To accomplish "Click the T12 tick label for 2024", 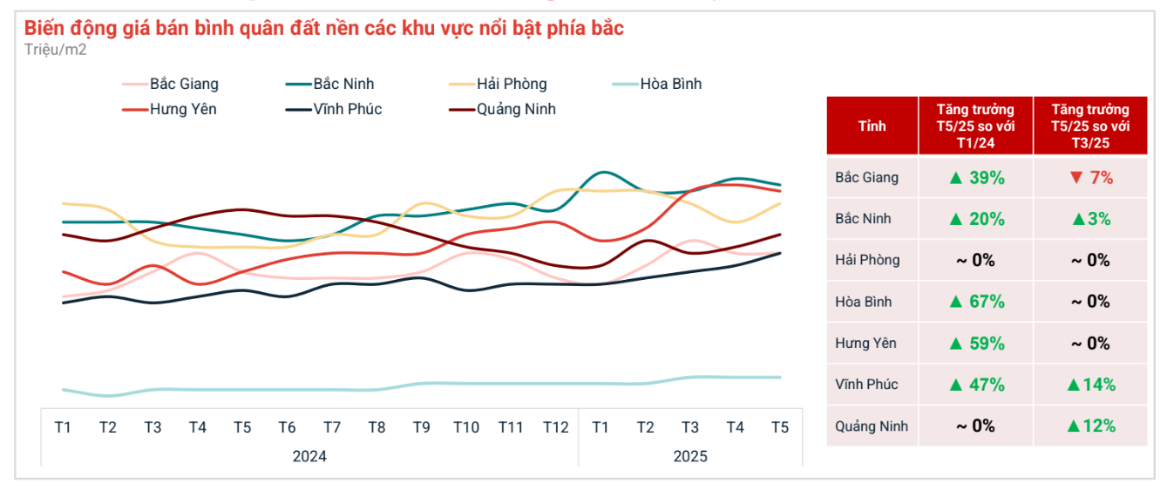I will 555,427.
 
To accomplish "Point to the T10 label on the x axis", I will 465,427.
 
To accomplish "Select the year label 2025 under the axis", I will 690,456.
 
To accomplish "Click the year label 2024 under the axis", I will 309,456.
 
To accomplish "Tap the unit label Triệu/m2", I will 56,50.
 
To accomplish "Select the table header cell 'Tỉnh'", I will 872,126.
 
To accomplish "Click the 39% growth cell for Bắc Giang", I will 976,178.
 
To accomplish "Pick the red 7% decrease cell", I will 1090,178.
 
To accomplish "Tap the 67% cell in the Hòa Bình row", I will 976,302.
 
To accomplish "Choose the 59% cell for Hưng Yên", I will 976,344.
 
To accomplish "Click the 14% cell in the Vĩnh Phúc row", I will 1090,385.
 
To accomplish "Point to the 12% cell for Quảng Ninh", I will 1090,426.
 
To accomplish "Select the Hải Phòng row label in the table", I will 867,261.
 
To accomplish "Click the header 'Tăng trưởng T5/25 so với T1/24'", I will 976,126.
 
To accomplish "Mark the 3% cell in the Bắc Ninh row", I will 1090,219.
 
